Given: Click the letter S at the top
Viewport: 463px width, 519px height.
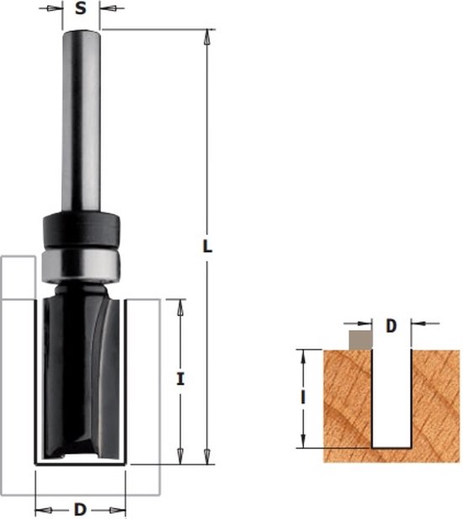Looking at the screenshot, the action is tap(81, 8).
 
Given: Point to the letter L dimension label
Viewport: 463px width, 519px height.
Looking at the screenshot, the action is tap(207, 246).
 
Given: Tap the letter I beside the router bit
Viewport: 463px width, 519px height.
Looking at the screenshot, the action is tap(180, 379).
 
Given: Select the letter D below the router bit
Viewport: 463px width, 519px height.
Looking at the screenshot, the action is tap(80, 510).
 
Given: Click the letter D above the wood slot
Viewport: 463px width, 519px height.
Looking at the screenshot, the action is tap(391, 326).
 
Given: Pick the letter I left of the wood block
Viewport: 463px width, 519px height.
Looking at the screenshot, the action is tap(302, 398).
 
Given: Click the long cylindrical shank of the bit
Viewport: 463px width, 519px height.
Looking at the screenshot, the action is tap(82, 120).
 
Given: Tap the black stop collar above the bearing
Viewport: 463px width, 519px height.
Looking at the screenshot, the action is tap(82, 230).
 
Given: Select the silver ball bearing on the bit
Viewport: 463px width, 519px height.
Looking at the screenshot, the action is tap(82, 265).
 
